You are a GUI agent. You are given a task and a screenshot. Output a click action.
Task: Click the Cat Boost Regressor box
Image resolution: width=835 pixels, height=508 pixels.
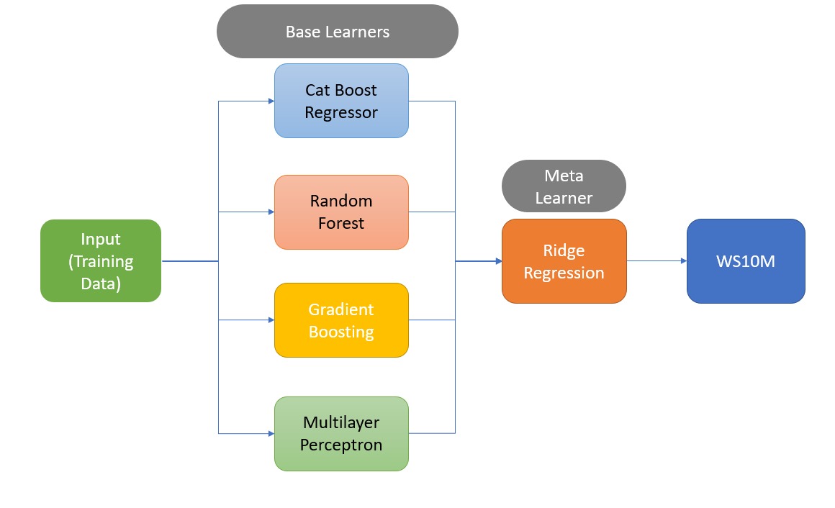pos(341,101)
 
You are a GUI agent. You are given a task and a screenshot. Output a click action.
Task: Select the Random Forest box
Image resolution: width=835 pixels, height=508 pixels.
pos(341,212)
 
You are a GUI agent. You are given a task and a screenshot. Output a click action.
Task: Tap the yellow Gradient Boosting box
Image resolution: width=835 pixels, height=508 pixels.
pos(341,320)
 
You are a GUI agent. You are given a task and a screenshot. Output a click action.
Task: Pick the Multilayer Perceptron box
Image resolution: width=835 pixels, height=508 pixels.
pos(341,433)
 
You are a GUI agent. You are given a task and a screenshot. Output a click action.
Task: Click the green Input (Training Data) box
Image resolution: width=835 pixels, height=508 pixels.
pos(101,261)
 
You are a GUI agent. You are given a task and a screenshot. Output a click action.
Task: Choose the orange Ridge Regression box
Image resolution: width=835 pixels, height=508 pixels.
pos(564,261)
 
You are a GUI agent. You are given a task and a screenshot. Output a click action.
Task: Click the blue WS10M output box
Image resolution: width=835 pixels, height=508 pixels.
pos(746,261)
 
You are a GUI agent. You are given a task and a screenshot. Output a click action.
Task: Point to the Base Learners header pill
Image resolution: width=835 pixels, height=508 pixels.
pos(337,32)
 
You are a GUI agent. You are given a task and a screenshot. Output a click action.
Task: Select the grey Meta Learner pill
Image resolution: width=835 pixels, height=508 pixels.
pos(564,186)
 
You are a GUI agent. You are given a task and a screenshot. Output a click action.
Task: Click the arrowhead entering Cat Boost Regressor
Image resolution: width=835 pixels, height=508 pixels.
pos(271,101)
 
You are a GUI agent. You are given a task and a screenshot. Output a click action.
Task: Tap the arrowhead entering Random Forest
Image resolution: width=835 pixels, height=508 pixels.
pos(271,212)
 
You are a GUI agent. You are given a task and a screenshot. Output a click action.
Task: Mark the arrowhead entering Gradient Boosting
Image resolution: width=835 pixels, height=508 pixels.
pos(271,320)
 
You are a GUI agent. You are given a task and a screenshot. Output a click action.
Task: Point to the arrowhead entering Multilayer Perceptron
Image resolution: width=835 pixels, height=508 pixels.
pos(271,433)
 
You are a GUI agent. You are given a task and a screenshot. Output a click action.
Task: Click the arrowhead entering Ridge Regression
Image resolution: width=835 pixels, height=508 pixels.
pos(498,261)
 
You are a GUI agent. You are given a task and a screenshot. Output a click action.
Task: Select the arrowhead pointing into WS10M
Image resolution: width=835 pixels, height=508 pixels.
pos(684,261)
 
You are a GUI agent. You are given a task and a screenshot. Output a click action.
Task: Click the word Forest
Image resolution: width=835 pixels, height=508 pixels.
pos(340,223)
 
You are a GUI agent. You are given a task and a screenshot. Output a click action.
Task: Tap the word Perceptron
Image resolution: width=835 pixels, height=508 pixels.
pos(340,445)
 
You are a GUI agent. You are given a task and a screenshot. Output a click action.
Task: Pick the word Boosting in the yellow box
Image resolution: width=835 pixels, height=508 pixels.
pos(340,332)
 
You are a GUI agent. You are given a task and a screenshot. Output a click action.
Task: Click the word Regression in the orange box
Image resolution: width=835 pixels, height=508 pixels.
pos(564,273)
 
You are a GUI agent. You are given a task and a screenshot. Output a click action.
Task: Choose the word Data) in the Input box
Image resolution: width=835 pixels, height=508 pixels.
pos(101,284)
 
